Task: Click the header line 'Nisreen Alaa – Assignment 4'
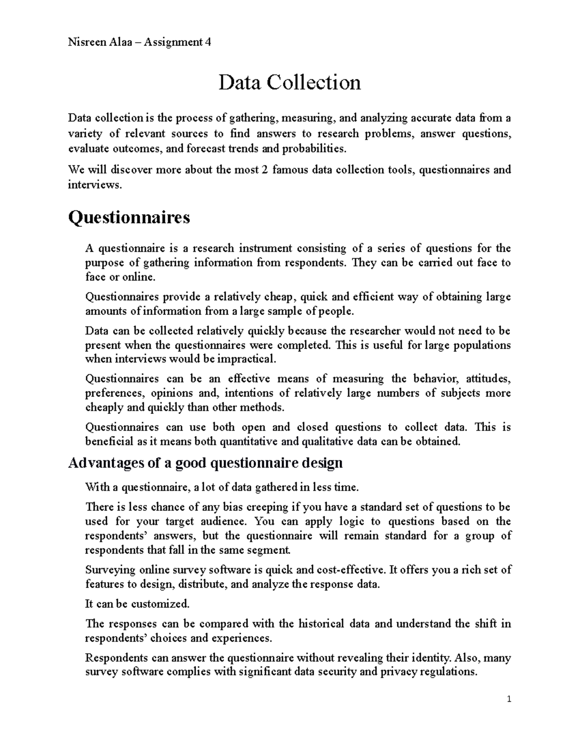tap(140, 42)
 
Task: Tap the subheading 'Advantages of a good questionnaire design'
tap(205, 463)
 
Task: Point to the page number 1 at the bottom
tap(509, 699)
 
